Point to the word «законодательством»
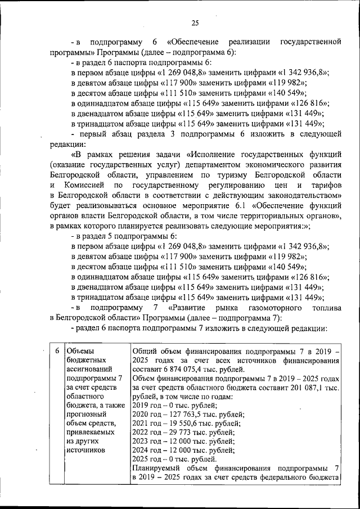297,195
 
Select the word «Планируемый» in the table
156,469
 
